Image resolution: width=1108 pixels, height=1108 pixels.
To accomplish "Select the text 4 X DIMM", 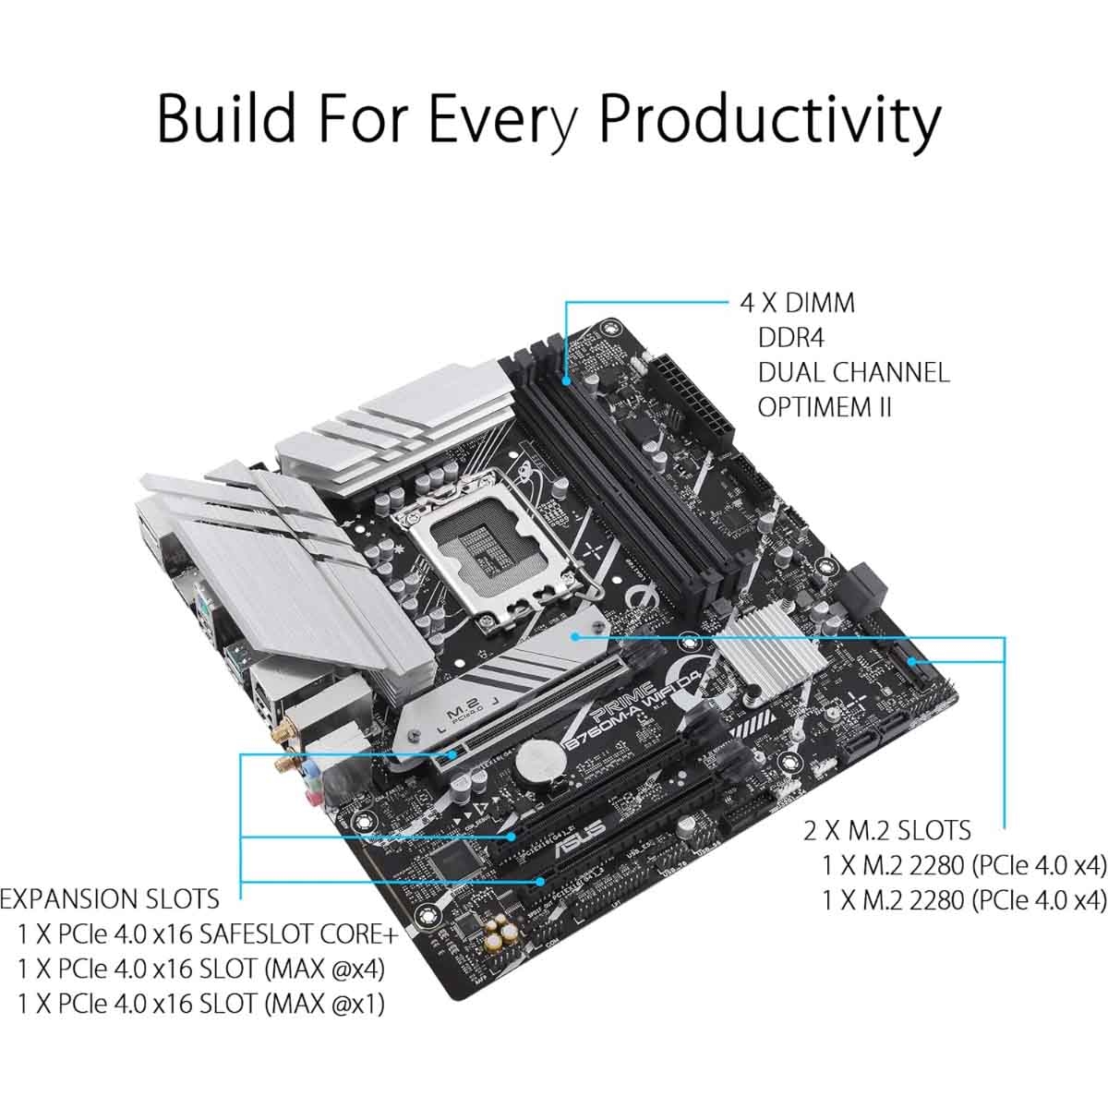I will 797,303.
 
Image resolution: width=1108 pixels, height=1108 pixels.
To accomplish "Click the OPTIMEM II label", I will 825,406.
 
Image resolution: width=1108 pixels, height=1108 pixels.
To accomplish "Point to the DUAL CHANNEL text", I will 853,372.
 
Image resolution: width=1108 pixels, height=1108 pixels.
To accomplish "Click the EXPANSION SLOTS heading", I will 110,898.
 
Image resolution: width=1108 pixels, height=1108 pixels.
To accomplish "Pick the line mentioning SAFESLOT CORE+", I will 208,934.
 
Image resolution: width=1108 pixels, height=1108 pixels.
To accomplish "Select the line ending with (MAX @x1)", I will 200,1004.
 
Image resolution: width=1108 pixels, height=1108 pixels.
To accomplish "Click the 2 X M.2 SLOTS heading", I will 886,830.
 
